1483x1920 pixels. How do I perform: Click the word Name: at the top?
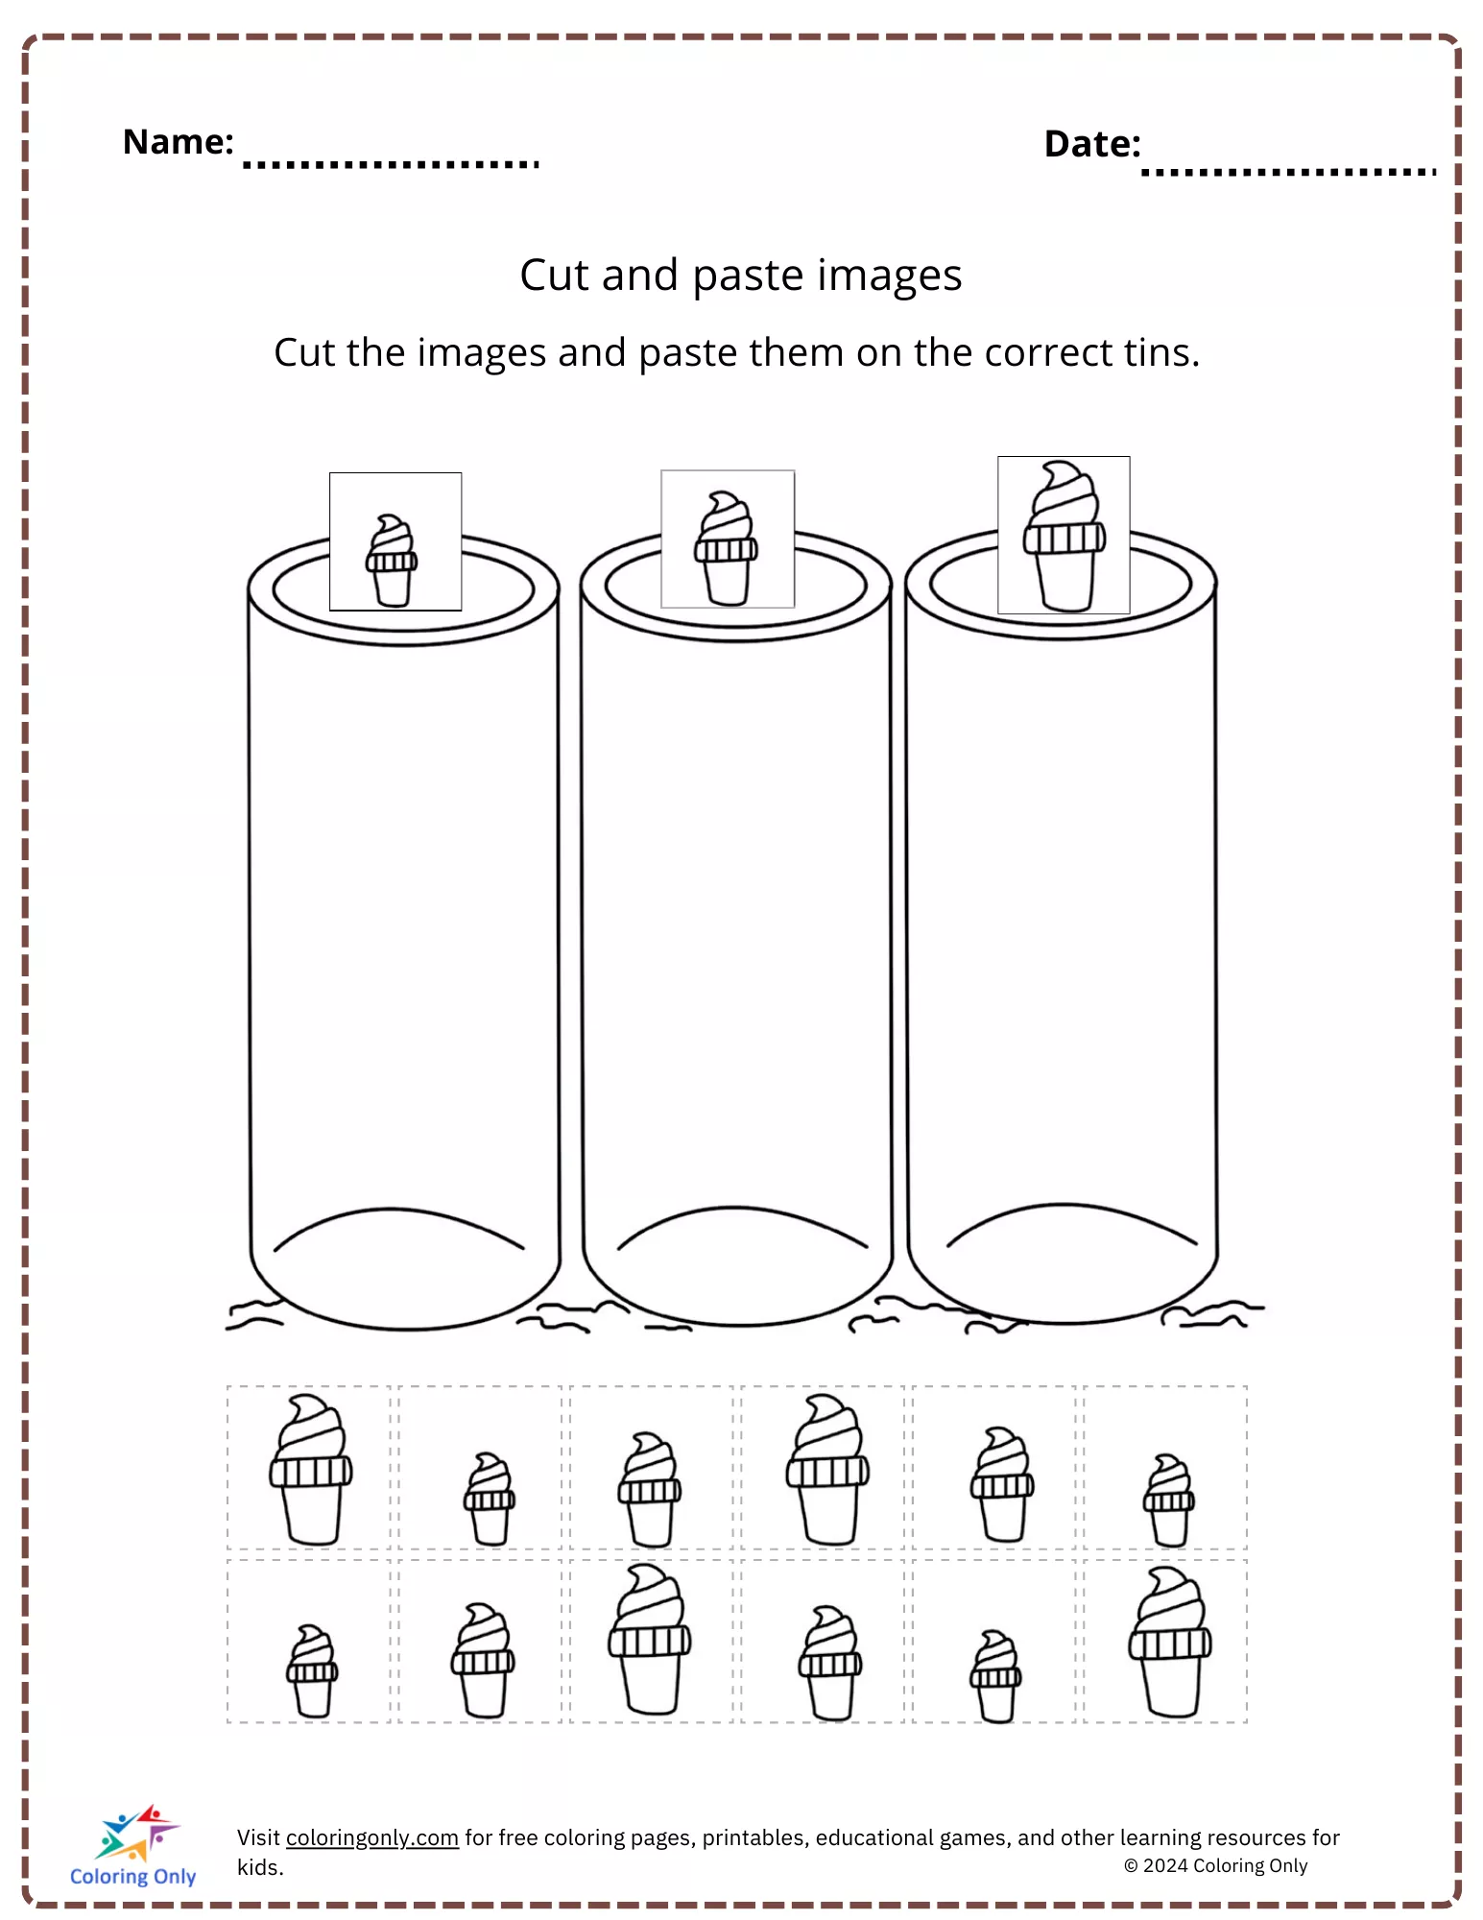pos(179,142)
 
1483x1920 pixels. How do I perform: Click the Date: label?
pos(1092,144)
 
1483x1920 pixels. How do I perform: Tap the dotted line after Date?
pos(1288,173)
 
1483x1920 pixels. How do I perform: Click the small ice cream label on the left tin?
pos(395,541)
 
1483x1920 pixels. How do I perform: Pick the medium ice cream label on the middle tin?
pos(728,539)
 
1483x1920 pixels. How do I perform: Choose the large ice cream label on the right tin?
pos(1064,535)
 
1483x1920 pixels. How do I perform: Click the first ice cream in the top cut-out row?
pos(311,1470)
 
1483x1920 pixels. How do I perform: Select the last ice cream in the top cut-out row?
pos(1169,1500)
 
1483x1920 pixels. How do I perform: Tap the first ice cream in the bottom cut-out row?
pos(312,1670)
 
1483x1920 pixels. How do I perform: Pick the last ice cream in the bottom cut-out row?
pos(1170,1642)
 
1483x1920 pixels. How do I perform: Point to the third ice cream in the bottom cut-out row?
pos(650,1639)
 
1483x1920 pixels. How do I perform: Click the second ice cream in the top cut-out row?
pos(490,1499)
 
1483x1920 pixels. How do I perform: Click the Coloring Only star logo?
pos(136,1833)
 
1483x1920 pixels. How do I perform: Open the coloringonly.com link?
pos(372,1837)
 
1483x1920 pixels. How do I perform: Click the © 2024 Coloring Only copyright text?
pos(1216,1865)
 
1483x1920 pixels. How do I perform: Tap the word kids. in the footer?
pos(261,1867)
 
